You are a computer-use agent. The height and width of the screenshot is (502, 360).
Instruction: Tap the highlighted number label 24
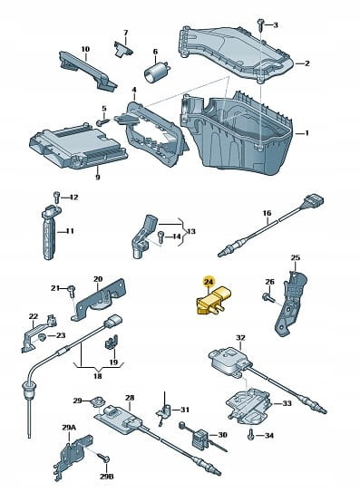(x=209, y=281)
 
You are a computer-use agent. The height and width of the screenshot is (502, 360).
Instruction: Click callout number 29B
(x=106, y=477)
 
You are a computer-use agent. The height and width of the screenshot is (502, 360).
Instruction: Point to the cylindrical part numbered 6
(x=156, y=71)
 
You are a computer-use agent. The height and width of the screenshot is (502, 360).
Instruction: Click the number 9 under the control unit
(x=97, y=177)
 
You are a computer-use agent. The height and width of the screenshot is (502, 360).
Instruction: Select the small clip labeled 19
(x=112, y=342)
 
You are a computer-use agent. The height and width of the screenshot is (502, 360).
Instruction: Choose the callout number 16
(x=267, y=213)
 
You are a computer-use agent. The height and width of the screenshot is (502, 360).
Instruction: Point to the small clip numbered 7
(x=123, y=48)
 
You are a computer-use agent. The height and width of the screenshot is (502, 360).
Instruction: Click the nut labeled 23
(x=41, y=336)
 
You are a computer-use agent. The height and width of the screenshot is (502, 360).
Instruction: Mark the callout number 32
(x=240, y=337)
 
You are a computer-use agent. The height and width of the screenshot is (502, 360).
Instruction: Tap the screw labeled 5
(x=102, y=122)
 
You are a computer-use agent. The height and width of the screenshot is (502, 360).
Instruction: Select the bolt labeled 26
(x=268, y=297)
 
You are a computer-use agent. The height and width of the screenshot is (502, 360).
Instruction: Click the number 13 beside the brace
(x=191, y=231)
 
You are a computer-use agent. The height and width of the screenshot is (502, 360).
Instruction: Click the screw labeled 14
(x=161, y=237)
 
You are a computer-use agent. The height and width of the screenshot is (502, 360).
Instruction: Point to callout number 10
(x=85, y=49)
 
